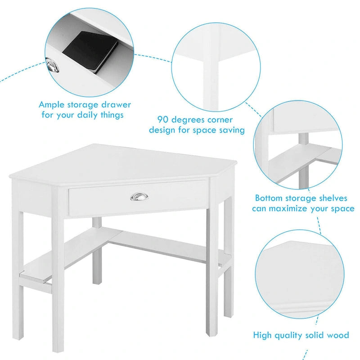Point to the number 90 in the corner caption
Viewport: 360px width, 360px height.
tap(163, 120)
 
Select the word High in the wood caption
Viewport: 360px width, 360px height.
tap(263, 335)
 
